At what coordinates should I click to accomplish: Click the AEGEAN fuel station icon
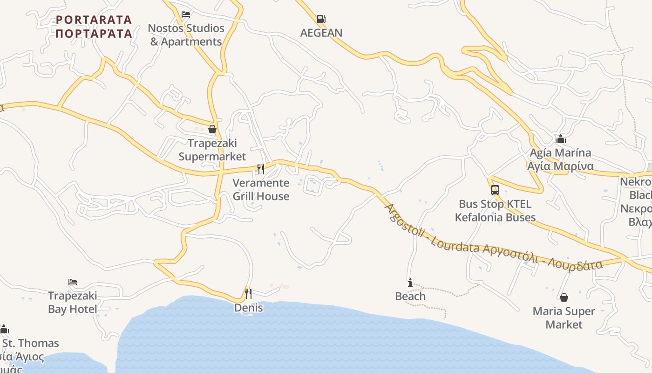(321, 19)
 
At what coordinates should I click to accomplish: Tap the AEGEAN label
(321, 33)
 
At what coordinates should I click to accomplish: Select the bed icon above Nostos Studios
(186, 14)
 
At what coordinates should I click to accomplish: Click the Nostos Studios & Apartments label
(186, 35)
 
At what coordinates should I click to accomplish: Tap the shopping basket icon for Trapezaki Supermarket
(212, 129)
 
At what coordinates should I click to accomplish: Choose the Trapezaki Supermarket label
(212, 150)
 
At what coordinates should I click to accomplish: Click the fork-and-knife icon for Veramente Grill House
(261, 169)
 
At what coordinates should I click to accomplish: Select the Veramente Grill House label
(261, 189)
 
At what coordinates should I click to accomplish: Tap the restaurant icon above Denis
(248, 293)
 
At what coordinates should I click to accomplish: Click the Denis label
(249, 308)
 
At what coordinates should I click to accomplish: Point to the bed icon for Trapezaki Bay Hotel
(73, 282)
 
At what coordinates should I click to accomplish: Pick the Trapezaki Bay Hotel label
(73, 302)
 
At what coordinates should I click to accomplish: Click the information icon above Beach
(410, 283)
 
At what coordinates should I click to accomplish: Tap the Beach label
(410, 296)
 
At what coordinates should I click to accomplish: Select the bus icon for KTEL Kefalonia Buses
(495, 190)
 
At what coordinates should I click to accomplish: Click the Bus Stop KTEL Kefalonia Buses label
(495, 210)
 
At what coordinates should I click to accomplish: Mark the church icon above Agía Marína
(561, 139)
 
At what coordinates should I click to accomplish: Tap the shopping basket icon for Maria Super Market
(564, 297)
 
